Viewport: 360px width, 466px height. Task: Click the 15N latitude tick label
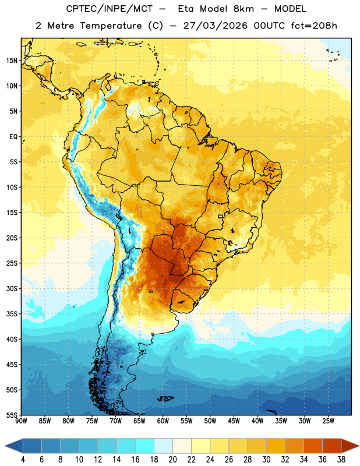[x=12, y=61]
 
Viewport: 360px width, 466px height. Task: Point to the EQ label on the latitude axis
[x=13, y=137]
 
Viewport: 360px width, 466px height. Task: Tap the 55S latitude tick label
[x=12, y=415]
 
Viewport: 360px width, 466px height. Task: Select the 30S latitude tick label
[x=12, y=288]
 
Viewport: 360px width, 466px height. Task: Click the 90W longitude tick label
[x=21, y=421]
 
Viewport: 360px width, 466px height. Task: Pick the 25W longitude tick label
[x=328, y=421]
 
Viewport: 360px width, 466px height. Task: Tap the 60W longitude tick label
[x=163, y=421]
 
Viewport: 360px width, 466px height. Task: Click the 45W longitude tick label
[x=234, y=421]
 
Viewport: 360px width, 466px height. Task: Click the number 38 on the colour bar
[x=341, y=460]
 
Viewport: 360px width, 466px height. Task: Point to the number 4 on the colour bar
[x=23, y=460]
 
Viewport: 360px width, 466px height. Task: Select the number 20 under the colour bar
[x=172, y=460]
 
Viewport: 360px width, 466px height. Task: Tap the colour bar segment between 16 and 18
[x=145, y=446]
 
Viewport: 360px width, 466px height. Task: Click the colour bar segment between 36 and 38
[x=332, y=446]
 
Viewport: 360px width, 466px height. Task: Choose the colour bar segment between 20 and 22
[x=182, y=446]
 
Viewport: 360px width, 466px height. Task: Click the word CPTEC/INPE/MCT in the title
[x=110, y=9]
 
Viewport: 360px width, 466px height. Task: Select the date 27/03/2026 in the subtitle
[x=215, y=26]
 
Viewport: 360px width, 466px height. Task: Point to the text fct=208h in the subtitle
[x=314, y=26]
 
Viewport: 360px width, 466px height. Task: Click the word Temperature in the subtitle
[x=111, y=26]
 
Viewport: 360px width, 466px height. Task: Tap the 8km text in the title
[x=243, y=9]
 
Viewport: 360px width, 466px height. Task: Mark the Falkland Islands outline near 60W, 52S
[x=165, y=398]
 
